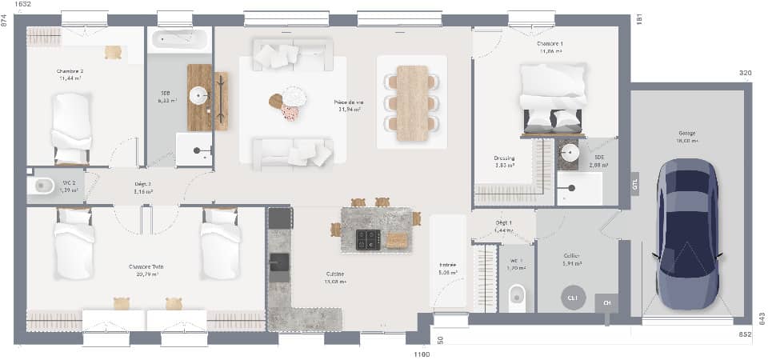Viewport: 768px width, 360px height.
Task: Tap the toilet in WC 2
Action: pyautogui.click(x=42, y=186)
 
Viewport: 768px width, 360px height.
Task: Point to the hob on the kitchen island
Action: pyautogui.click(x=368, y=238)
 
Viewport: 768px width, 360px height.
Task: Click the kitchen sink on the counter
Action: pyautogui.click(x=279, y=261)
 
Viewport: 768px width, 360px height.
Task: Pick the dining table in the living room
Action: pyautogui.click(x=413, y=102)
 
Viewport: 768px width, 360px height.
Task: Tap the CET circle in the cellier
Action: pyautogui.click(x=572, y=298)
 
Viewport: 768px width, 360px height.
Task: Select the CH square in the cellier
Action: pyautogui.click(x=606, y=303)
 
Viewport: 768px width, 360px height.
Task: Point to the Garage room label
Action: pyautogui.click(x=687, y=134)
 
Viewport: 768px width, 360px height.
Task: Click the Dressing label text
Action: pyautogui.click(x=504, y=158)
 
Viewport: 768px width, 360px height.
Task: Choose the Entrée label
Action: pyautogui.click(x=448, y=265)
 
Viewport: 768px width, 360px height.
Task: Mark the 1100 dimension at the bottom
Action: pyautogui.click(x=422, y=354)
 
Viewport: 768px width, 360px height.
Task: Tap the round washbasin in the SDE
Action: pyautogui.click(x=569, y=153)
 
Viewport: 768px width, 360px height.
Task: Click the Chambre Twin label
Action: pyautogui.click(x=142, y=266)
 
